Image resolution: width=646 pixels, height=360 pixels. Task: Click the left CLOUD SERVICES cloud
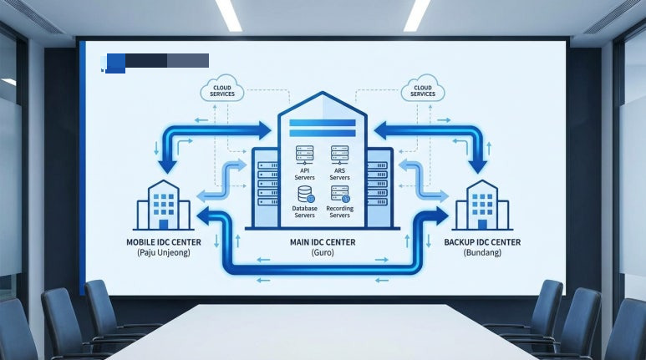point(222,89)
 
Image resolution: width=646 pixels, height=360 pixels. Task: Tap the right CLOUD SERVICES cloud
point(423,89)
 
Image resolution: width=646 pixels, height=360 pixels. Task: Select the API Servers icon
point(304,154)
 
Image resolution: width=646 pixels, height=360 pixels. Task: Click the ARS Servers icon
point(339,154)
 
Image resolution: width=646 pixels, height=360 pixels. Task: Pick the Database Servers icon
point(304,195)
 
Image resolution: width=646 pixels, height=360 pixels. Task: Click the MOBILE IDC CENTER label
point(163,243)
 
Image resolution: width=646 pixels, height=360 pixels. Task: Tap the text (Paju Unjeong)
point(163,252)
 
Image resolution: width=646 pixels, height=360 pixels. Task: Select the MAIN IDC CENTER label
point(322,242)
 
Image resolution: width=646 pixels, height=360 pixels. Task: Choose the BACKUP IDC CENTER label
point(483,242)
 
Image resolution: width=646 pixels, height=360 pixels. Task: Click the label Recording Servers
point(339,211)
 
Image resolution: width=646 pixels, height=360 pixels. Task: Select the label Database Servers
point(304,211)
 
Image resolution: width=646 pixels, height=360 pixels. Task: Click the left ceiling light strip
point(228,14)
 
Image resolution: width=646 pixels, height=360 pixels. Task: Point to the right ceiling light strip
point(416,14)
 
